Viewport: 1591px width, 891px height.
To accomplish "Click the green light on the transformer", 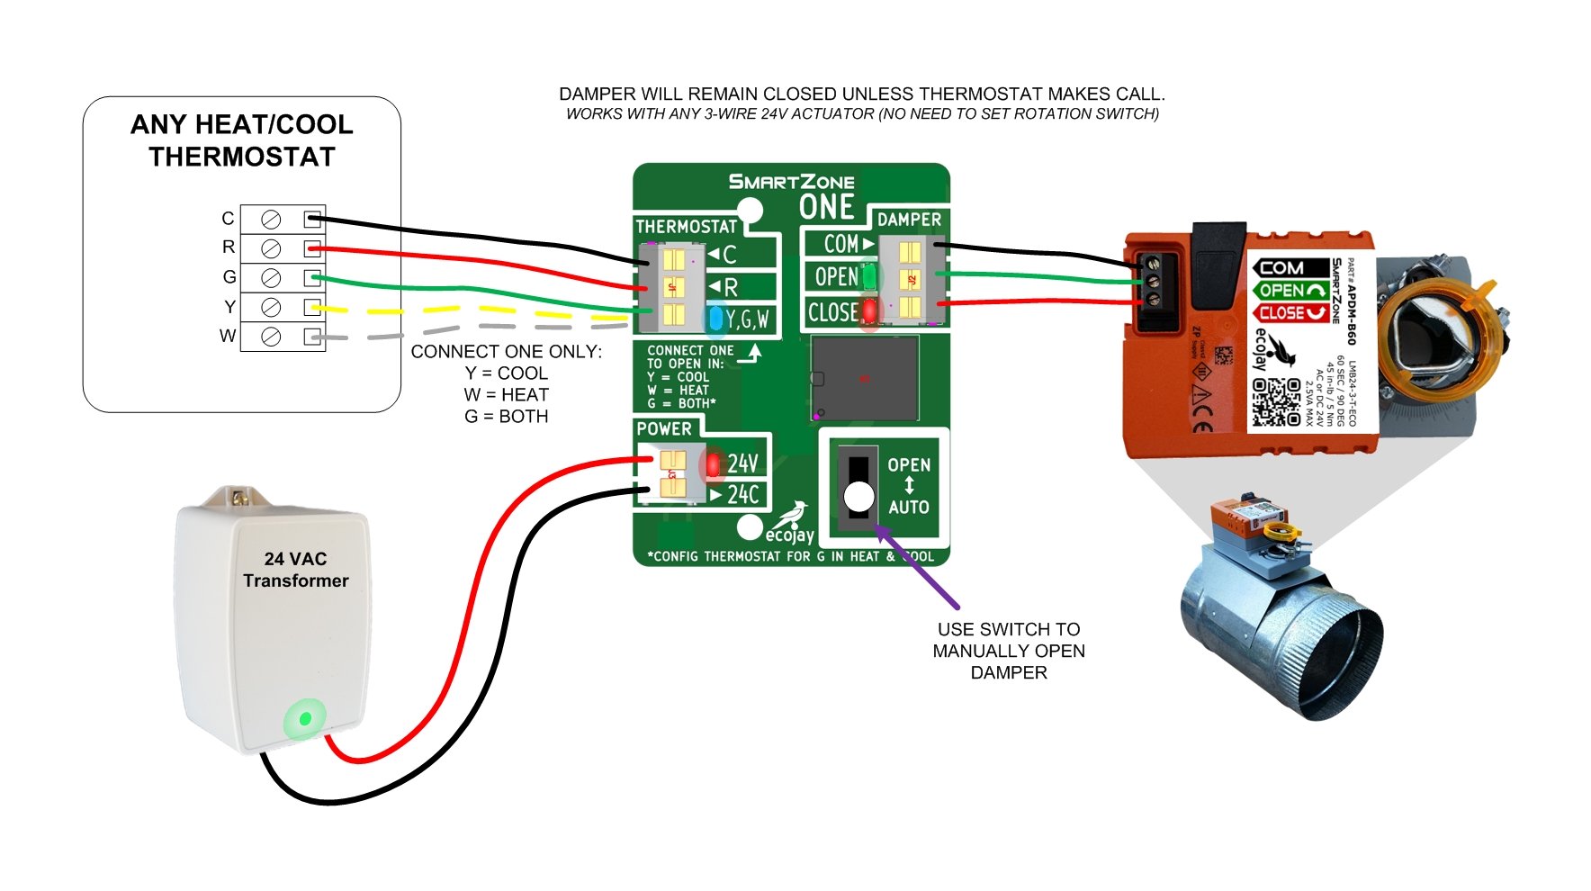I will (x=305, y=718).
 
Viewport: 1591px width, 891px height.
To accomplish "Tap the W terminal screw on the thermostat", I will (x=270, y=337).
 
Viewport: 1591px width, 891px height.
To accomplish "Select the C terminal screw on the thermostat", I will (x=270, y=219).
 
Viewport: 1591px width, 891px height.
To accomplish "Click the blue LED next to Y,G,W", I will (x=715, y=318).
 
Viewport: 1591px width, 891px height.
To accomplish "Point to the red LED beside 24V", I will (x=713, y=464).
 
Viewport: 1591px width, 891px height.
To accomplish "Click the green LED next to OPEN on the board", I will (x=869, y=276).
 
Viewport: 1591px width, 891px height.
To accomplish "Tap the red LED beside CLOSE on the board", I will (x=869, y=311).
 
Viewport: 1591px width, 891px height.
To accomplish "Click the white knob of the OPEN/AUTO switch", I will (x=858, y=496).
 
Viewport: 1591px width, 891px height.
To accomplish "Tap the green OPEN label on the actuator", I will (x=1290, y=290).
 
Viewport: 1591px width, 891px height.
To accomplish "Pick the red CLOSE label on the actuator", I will (x=1290, y=313).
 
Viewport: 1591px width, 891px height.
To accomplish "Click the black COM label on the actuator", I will (x=1290, y=267).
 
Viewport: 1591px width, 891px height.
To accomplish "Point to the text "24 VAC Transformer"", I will (x=295, y=570).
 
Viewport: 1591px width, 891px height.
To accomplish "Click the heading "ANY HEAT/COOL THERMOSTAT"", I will (x=241, y=140).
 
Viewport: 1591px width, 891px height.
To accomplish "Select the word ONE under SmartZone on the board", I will (x=826, y=207).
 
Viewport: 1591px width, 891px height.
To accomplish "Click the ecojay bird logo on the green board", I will (x=792, y=516).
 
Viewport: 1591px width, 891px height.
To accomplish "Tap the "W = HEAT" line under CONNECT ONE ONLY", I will (x=506, y=395).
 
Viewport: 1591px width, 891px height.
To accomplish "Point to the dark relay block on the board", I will (x=864, y=378).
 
